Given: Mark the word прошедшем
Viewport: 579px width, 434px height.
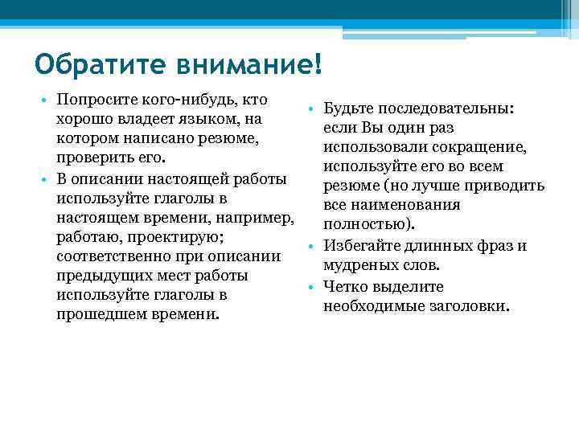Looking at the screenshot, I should [98, 313].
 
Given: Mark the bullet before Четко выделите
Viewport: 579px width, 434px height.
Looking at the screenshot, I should [310, 288].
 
